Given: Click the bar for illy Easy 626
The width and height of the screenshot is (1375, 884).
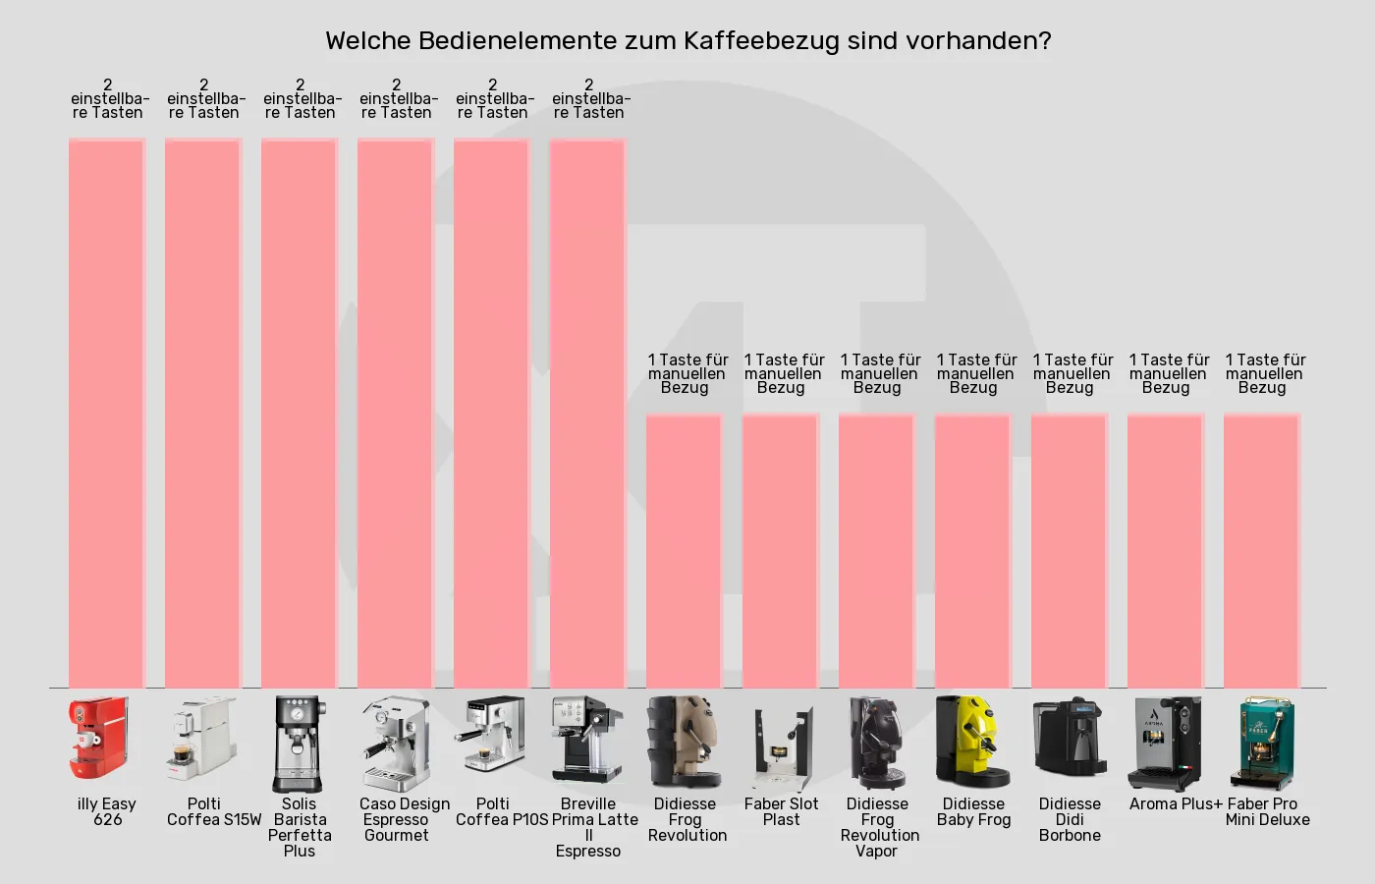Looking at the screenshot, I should [x=107, y=413].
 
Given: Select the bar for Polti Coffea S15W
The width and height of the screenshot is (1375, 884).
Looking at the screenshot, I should [x=203, y=413].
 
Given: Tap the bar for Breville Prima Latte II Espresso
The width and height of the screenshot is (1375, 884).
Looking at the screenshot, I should [x=588, y=413].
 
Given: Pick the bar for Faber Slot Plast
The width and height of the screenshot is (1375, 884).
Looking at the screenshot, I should [x=781, y=550].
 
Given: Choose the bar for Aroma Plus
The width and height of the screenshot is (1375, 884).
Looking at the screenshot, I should [x=1166, y=550].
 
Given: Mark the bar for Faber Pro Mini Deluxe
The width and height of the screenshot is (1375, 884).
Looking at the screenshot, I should [x=1262, y=550].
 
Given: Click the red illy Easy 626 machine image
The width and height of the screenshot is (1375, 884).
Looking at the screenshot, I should [x=98, y=741].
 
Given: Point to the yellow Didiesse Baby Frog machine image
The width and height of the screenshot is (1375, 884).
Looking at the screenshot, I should [x=973, y=742].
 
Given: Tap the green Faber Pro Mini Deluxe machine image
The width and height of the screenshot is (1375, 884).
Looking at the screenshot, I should [x=1266, y=743].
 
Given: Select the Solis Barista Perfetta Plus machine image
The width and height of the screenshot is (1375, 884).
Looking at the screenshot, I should [x=300, y=743].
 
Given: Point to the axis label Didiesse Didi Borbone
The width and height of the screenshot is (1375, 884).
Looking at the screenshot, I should [x=1070, y=819].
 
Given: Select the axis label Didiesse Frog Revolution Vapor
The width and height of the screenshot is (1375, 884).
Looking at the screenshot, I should [x=878, y=827].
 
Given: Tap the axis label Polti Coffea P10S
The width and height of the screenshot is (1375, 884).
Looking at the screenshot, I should [x=501, y=811].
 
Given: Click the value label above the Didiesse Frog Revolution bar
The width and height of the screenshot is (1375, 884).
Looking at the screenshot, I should [x=686, y=373].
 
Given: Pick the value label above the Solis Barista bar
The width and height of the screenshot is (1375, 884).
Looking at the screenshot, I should [x=301, y=98].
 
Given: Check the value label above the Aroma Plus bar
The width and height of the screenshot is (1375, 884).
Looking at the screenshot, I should [x=1167, y=373].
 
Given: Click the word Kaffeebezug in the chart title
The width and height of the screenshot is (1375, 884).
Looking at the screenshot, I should [x=761, y=41].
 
